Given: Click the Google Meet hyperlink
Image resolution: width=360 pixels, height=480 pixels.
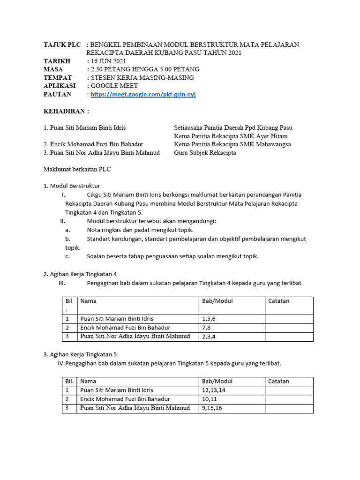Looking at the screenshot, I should click(x=143, y=94).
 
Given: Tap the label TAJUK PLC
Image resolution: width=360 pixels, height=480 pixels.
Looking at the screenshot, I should click(x=62, y=45).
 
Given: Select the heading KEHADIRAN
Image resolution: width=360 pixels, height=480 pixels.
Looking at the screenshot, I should click(x=66, y=111).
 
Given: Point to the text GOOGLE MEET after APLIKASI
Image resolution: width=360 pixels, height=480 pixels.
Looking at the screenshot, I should click(x=114, y=86).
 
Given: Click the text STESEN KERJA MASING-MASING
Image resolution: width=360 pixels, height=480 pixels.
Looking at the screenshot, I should click(x=142, y=78).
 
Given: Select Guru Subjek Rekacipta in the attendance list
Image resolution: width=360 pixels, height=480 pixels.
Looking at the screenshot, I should click(x=205, y=153).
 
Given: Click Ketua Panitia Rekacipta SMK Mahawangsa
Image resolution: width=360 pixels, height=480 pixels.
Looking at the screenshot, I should click(x=232, y=144).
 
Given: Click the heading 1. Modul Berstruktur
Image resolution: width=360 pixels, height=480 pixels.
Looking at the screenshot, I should click(x=72, y=186).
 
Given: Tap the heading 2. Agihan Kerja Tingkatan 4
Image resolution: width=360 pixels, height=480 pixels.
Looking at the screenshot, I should click(x=83, y=274).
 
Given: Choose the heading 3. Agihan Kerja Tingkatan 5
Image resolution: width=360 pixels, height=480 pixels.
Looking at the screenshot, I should click(x=83, y=354).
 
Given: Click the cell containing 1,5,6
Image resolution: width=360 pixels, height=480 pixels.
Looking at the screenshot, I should click(x=209, y=319).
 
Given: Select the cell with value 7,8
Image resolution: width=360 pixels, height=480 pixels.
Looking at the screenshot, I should click(x=207, y=328).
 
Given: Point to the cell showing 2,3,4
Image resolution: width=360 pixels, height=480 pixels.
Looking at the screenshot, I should click(x=209, y=337).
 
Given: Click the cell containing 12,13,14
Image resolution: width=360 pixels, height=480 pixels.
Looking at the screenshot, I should click(x=213, y=390).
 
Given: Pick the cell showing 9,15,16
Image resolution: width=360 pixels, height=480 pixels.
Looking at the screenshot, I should click(x=212, y=408).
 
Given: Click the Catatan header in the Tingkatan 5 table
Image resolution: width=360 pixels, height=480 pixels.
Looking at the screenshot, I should click(x=279, y=381).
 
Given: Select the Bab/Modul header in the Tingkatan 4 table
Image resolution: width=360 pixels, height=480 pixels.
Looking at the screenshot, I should click(x=217, y=301).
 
